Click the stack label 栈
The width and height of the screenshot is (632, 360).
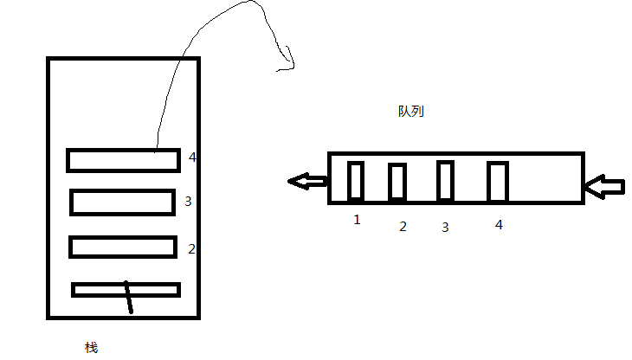pyautogui.click(x=91, y=348)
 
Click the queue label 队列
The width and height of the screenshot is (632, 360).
pyautogui.click(x=411, y=112)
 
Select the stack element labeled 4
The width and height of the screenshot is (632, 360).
pyautogui.click(x=123, y=160)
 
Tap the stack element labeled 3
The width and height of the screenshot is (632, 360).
pyautogui.click(x=122, y=202)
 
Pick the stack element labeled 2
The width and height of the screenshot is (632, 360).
pyautogui.click(x=122, y=247)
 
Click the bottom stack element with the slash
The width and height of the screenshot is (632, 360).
pyautogui.click(x=126, y=290)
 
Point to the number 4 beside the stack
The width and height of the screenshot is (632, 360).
pyautogui.click(x=192, y=157)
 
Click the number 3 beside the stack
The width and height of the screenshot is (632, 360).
pyautogui.click(x=188, y=202)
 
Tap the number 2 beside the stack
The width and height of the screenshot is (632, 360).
pyautogui.click(x=191, y=248)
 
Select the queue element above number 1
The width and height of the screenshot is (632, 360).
pyautogui.click(x=355, y=181)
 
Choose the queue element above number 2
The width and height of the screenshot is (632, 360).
pyautogui.click(x=397, y=181)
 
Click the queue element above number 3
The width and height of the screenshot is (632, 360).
pyautogui.click(x=445, y=180)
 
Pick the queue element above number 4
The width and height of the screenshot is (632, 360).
pyautogui.click(x=497, y=181)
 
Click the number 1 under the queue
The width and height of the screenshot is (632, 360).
pyautogui.click(x=357, y=220)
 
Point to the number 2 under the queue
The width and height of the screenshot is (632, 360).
pyautogui.click(x=403, y=227)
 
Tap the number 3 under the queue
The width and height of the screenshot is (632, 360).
pyautogui.click(x=445, y=228)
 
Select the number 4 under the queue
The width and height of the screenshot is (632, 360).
pyautogui.click(x=499, y=224)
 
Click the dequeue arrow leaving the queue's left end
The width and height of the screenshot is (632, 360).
pyautogui.click(x=307, y=181)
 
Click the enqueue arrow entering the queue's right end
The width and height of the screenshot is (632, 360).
pyautogui.click(x=604, y=184)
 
